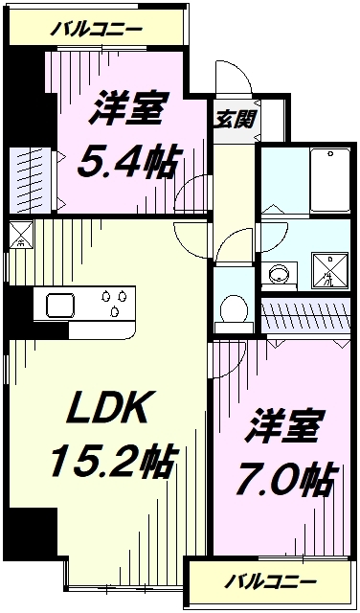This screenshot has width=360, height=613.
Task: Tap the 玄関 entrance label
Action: click(x=233, y=122)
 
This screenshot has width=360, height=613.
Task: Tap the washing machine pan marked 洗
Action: click(x=326, y=271)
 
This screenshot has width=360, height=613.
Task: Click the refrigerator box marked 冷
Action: click(x=20, y=235)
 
